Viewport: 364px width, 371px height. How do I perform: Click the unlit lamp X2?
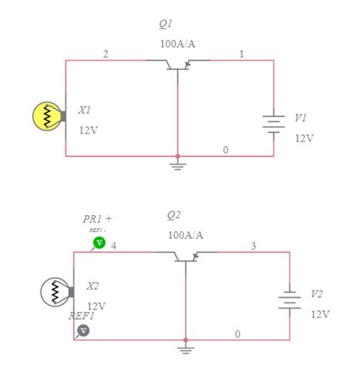pyautogui.click(x=55, y=291)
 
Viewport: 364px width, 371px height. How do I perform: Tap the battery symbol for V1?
pyautogui.click(x=273, y=124)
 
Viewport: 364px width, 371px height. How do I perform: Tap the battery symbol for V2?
pyautogui.click(x=289, y=300)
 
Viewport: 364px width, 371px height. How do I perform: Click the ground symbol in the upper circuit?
pyautogui.click(x=178, y=164)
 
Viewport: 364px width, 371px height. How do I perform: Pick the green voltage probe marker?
pyautogui.click(x=99, y=243)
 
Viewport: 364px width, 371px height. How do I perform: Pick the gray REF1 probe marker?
pyautogui.click(x=84, y=330)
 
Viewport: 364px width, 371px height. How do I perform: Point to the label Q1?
pyautogui.click(x=166, y=24)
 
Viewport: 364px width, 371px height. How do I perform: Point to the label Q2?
pyautogui.click(x=174, y=215)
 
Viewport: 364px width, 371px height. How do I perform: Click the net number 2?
pyautogui.click(x=105, y=54)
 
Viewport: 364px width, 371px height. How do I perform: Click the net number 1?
pyautogui.click(x=242, y=54)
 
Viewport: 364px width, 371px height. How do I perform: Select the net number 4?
pyautogui.click(x=114, y=246)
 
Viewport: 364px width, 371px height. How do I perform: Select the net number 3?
pyautogui.click(x=253, y=246)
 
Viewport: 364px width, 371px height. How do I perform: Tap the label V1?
pyautogui.click(x=299, y=118)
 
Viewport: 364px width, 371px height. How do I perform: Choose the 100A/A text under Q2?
pyautogui.click(x=186, y=235)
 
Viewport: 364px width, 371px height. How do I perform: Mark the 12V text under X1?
pyautogui.click(x=88, y=131)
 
